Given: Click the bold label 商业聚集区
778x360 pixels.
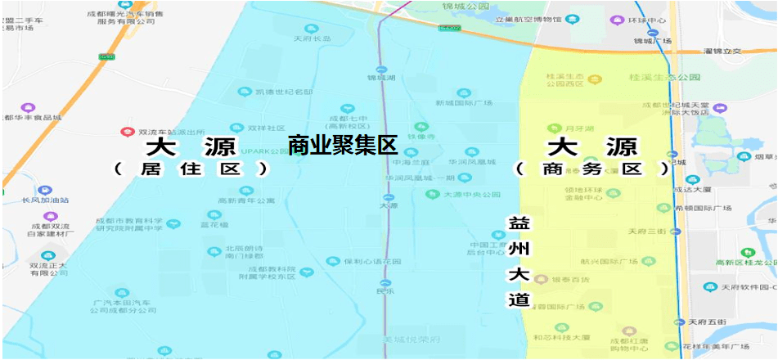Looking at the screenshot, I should point(342,146).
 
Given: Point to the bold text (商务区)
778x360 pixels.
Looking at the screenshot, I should point(592,169).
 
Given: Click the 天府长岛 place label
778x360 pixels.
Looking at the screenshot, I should point(313,38).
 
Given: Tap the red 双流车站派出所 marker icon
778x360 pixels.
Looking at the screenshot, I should point(127,132).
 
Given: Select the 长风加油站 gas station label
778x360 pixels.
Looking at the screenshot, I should point(46,200).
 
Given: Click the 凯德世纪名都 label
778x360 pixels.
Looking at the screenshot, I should point(285,92).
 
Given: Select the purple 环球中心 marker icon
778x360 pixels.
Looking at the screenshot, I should point(615,20).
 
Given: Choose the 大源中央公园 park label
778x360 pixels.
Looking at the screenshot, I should point(471,195).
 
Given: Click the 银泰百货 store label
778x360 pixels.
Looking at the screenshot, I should point(570,280).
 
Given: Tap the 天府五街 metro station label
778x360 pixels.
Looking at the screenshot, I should point(708,322).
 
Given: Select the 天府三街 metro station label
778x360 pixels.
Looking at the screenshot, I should point(646,232).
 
